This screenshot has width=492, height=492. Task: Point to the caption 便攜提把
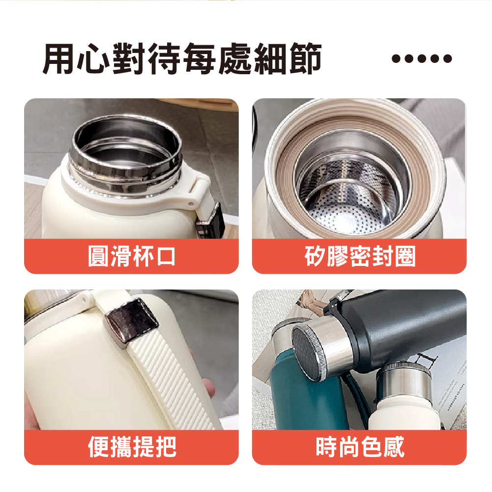(x=131, y=447)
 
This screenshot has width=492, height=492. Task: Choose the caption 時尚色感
(x=360, y=447)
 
